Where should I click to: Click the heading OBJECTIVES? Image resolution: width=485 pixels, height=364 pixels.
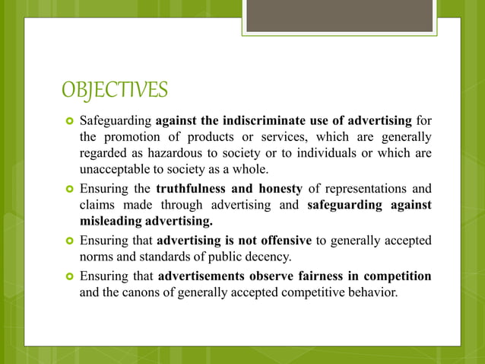113,90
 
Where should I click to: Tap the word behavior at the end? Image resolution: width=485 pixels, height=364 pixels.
372,292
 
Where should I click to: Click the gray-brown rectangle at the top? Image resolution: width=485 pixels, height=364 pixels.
339,15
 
